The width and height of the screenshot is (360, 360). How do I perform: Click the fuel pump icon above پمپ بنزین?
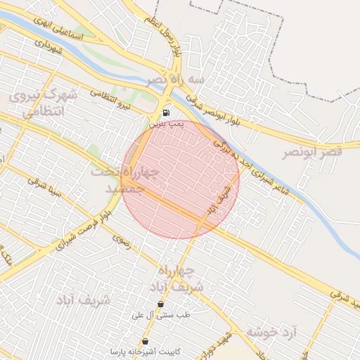pyautogui.click(x=166, y=112)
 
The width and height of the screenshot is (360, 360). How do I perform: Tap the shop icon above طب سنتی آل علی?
pyautogui.click(x=161, y=304)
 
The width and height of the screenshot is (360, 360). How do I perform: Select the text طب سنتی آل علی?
pyautogui.click(x=162, y=316)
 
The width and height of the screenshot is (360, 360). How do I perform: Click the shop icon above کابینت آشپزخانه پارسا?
pyautogui.click(x=145, y=341)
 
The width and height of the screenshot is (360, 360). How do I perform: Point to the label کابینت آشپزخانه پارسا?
pyautogui.click(x=146, y=351)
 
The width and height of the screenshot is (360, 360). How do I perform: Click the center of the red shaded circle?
pyautogui.click(x=181, y=179)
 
